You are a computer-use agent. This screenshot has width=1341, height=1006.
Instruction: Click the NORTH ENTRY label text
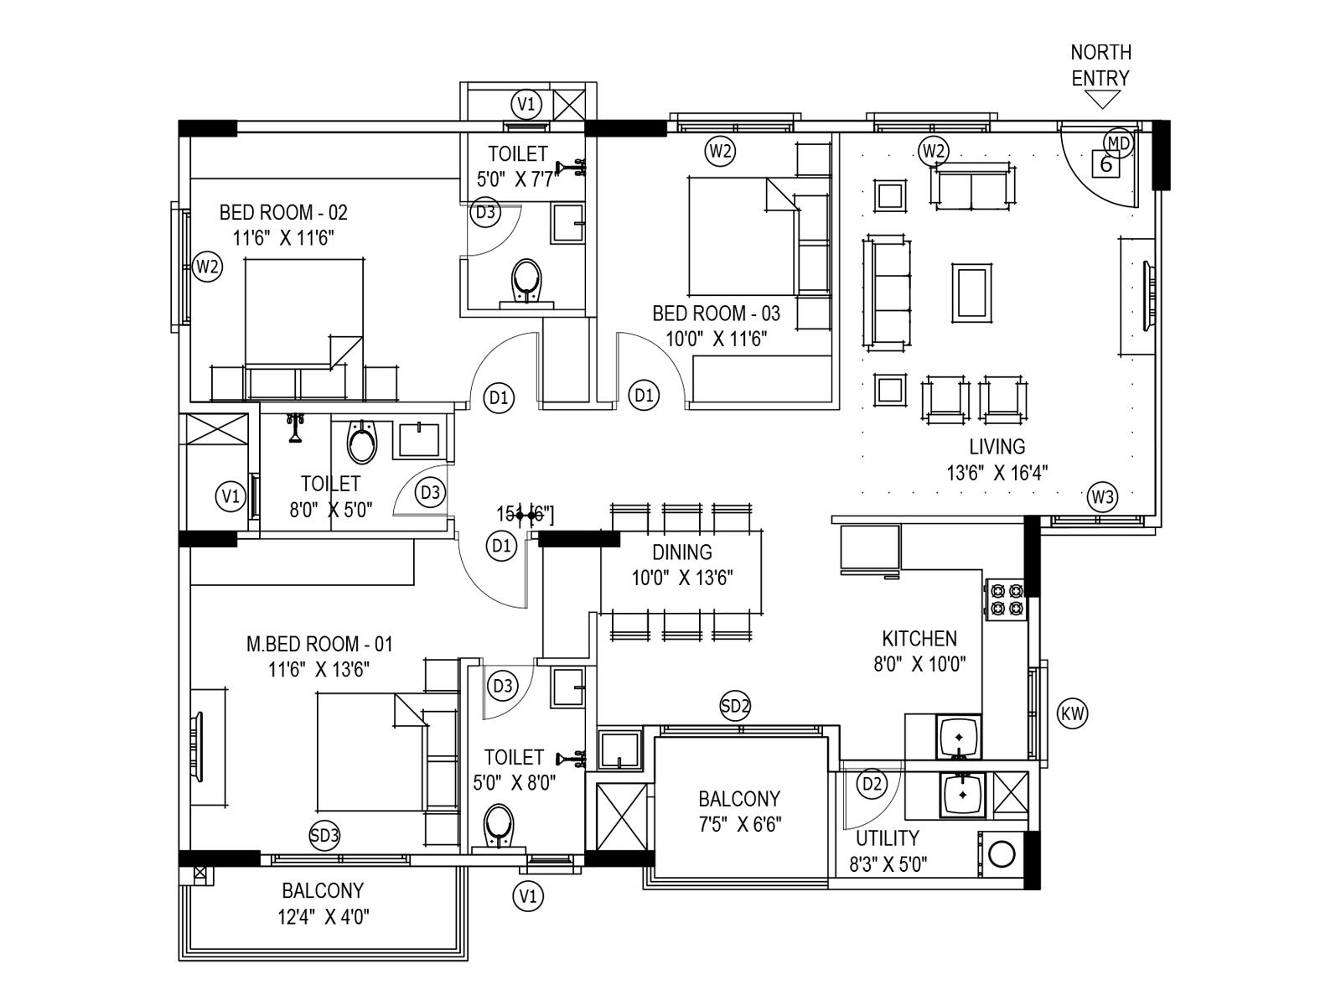click(x=1100, y=65)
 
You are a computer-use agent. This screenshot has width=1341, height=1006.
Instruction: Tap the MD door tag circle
click(x=1118, y=143)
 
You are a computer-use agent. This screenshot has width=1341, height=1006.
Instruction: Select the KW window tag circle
click(x=1073, y=714)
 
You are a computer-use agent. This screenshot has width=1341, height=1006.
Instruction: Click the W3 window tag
click(x=1102, y=497)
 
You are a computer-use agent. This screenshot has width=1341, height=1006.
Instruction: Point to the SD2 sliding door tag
click(x=735, y=706)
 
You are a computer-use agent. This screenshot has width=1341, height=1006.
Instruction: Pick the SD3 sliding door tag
click(x=324, y=835)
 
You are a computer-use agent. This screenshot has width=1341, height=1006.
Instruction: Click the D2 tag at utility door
click(x=872, y=784)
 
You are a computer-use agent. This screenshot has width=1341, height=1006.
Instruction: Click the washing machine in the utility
click(x=1002, y=855)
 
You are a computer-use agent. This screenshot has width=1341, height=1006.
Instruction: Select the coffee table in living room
click(x=972, y=292)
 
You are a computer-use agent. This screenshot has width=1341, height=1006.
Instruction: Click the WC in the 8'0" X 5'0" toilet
click(x=362, y=443)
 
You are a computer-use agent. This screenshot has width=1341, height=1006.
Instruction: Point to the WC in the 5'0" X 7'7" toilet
click(x=526, y=281)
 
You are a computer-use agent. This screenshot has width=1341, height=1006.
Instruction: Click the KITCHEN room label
click(x=919, y=639)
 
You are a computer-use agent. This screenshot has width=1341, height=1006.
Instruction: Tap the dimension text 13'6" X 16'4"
click(x=997, y=473)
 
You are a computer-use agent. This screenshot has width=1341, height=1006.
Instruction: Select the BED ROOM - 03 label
click(x=716, y=314)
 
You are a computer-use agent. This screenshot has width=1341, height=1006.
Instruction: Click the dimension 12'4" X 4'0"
click(x=324, y=916)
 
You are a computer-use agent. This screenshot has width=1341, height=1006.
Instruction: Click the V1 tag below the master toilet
click(x=527, y=896)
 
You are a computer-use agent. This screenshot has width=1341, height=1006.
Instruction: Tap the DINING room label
click(x=682, y=552)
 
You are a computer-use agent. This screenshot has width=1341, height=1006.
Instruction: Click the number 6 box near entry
click(x=1105, y=164)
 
